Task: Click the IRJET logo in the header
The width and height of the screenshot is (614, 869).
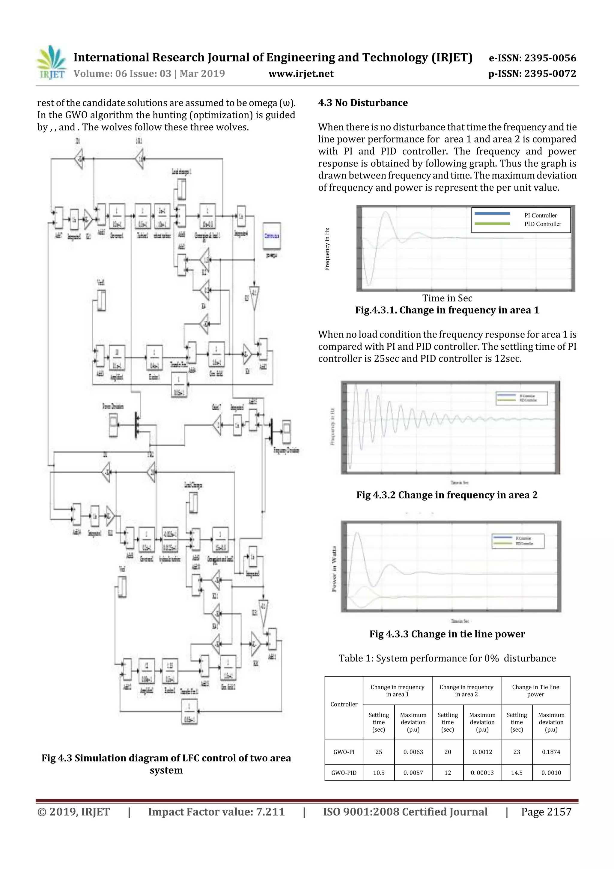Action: pos(51,63)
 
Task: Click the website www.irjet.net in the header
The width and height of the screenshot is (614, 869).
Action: pos(301,74)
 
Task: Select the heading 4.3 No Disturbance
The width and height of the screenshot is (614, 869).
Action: pos(362,103)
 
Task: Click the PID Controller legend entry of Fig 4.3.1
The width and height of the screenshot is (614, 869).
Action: pos(543,224)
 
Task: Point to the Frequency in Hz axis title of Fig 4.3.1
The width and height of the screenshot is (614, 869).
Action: pos(327,249)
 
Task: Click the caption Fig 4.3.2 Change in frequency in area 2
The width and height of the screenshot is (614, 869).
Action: pos(446,495)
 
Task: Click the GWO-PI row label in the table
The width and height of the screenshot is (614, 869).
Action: pos(344,752)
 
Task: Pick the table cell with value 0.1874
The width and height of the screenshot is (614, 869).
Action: pos(551,752)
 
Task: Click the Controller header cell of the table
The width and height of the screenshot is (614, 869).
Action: pos(344,704)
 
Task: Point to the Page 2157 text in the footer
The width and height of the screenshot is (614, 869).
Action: pos(546,812)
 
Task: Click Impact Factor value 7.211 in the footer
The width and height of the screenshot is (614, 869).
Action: pos(216,812)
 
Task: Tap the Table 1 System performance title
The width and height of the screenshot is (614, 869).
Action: pos(447,658)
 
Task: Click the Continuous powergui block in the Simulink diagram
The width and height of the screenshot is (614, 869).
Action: pos(272,236)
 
